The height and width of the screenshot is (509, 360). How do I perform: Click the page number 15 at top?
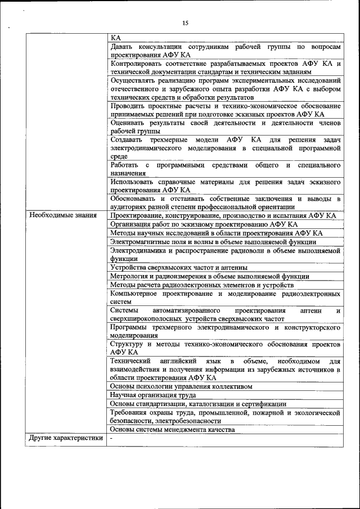(x=185, y=23)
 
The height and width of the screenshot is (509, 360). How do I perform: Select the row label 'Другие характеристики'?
(x=66, y=438)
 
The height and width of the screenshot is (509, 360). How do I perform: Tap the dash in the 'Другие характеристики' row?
(x=112, y=438)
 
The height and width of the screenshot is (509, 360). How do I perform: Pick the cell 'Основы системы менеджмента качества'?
(x=172, y=430)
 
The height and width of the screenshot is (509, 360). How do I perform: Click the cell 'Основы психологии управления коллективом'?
(x=181, y=387)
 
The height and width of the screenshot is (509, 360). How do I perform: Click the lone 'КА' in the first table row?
(x=116, y=38)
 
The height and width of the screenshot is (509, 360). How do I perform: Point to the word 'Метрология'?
(x=128, y=276)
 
